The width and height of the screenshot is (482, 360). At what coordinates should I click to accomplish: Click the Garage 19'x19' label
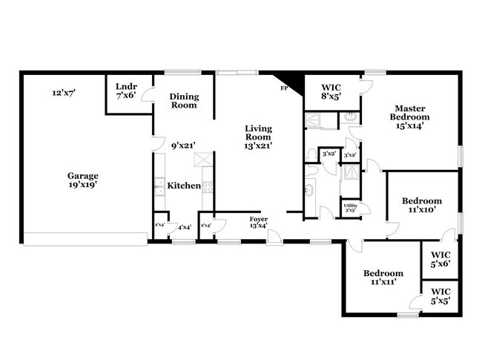83,180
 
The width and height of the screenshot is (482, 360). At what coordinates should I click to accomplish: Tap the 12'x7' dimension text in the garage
65,94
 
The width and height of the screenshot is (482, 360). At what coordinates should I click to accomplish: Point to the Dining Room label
183,101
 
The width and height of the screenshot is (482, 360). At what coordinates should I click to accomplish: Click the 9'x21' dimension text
182,145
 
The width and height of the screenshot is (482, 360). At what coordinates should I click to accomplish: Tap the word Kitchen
183,186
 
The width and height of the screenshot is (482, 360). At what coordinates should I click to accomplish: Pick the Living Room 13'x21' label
259,137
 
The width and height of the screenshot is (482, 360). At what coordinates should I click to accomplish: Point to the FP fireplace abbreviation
283,89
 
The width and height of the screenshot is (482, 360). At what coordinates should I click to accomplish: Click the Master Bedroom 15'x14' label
412,117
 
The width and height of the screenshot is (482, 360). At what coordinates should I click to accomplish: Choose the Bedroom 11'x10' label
422,205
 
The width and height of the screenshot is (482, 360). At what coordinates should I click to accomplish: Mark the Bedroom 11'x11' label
383,278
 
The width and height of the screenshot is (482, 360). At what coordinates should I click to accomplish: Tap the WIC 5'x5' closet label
440,298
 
